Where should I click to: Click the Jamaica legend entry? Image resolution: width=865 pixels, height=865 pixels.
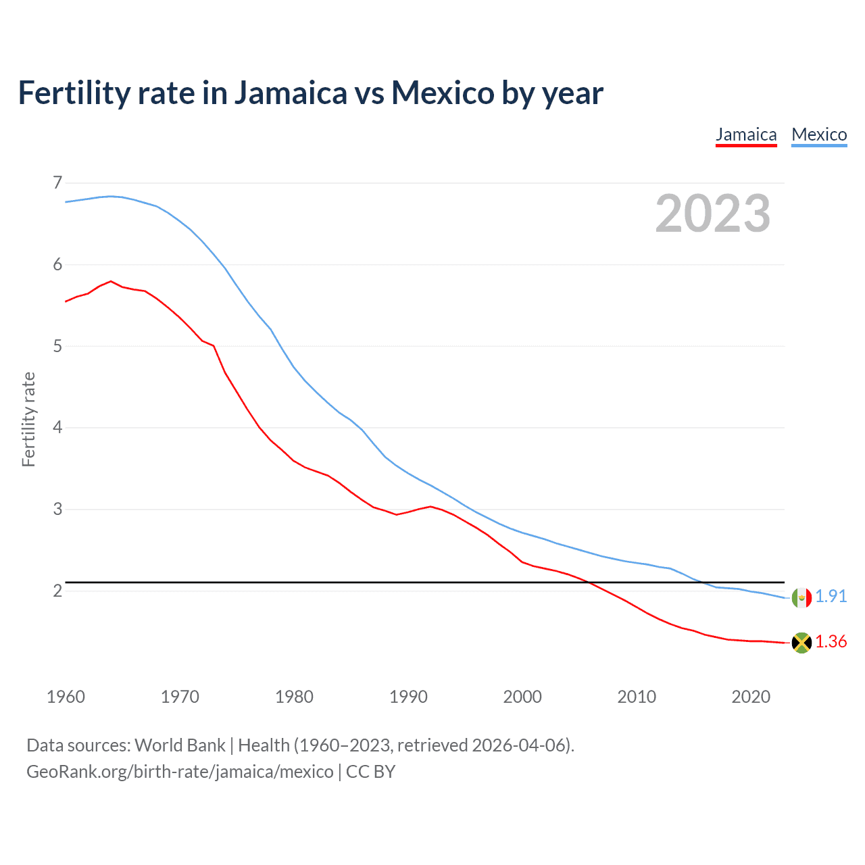coord(746,134)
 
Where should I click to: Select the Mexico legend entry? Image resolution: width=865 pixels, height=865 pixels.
coord(819,134)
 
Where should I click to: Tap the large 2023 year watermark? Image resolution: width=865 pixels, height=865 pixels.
coord(713,214)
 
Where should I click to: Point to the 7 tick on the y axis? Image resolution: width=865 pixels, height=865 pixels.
coord(57,182)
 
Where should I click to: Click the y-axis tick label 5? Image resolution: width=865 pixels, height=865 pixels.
coord(57,346)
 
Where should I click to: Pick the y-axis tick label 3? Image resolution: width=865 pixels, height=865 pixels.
coord(57,509)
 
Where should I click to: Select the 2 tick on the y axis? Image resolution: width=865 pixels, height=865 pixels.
coord(57,591)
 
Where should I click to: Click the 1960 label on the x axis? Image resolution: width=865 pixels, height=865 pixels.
coord(66,697)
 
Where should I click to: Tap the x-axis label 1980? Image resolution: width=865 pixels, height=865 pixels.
coord(294,697)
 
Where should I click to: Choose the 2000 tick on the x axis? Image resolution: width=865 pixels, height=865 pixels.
coord(522,697)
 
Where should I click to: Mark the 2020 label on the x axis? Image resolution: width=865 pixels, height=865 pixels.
coord(751,697)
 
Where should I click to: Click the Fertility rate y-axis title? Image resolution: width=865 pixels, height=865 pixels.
coord(28,420)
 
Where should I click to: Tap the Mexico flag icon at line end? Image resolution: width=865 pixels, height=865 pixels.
coord(801,597)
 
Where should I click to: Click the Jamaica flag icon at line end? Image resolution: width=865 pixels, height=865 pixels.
coord(801,643)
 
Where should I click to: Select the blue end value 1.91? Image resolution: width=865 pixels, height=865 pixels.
coord(831,596)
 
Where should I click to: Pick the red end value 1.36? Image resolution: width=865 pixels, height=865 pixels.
coord(831,641)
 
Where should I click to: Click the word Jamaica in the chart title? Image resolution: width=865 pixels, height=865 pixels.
coord(290,93)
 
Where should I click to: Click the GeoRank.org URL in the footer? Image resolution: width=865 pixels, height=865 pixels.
coord(180,771)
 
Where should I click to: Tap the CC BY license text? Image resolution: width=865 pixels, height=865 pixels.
coord(370,771)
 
